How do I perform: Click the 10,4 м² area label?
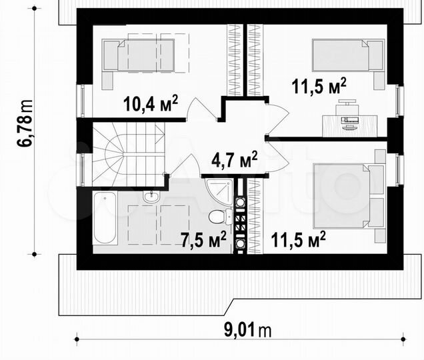click(151, 103)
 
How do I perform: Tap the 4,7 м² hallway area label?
click(235, 159)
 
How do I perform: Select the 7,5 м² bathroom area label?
click(203, 239)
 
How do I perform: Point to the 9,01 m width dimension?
click(248, 330)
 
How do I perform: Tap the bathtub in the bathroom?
click(105, 218)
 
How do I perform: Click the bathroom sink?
click(151, 195)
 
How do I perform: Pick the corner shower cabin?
click(219, 191)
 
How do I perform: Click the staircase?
click(129, 154)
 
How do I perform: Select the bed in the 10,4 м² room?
click(138, 55)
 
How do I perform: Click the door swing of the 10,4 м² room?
click(201, 109)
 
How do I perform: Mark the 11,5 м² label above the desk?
click(319, 86)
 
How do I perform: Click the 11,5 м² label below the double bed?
click(298, 239)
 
